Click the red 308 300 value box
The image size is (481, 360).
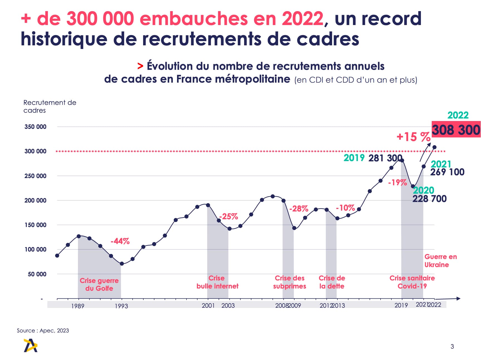coord(456,130)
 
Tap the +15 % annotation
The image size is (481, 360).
coord(413,137)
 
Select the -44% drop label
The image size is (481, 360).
coord(120,241)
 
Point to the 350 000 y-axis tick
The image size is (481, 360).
coord(35,127)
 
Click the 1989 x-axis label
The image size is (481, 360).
coord(78,306)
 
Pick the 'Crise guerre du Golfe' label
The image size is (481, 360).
coord(99,284)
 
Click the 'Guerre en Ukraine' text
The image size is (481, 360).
coord(440,261)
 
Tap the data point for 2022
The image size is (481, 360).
coord(434,147)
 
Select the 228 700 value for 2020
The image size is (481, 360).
coord(429,199)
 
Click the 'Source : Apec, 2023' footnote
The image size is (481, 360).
coord(43,331)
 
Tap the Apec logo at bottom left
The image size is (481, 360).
coord(30,346)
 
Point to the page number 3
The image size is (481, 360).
coord(452,346)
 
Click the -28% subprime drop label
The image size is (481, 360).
coord(299,209)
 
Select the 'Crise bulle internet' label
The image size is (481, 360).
coord(217,282)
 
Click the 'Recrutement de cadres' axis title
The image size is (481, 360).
coord(50,106)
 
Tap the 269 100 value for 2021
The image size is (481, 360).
coord(447,172)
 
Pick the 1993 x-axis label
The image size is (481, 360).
coord(121,306)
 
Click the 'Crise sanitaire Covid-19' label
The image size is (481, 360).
coord(412,282)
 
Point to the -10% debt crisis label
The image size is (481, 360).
coord(345,208)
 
